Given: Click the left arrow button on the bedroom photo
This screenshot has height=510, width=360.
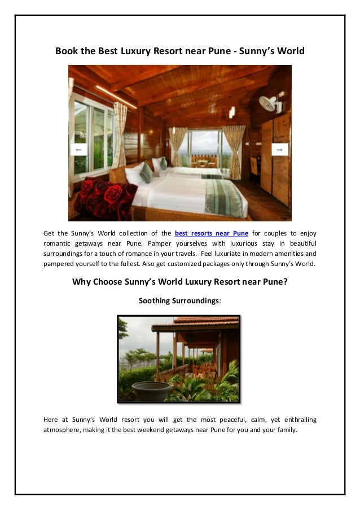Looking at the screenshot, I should (78, 150).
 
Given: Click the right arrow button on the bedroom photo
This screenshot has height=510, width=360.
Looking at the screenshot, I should (279, 149).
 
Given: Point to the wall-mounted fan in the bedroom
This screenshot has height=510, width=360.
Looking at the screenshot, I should (270, 103).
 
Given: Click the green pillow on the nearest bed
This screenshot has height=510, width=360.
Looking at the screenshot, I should (146, 173).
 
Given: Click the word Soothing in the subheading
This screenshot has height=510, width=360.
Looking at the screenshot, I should (153, 301).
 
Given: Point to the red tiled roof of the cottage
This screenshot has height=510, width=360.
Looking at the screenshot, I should (206, 320).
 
